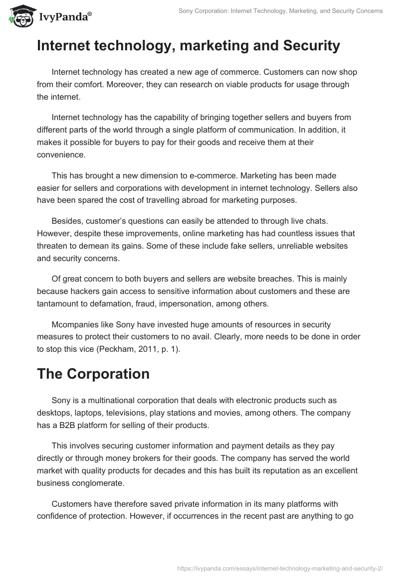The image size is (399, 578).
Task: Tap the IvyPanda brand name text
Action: [x=64, y=17]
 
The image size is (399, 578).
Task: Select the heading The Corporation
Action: [x=93, y=374]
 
